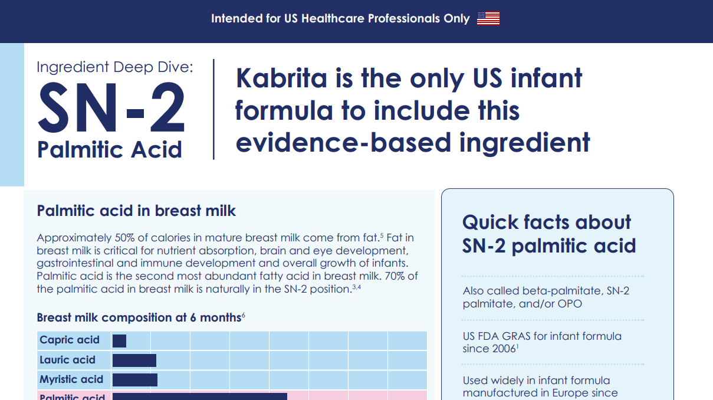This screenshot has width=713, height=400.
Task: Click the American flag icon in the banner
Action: [x=488, y=18]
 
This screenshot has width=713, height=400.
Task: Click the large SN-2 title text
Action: [x=111, y=107]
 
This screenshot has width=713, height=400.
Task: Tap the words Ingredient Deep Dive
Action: [x=115, y=67]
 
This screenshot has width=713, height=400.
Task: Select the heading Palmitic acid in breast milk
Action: [x=136, y=211]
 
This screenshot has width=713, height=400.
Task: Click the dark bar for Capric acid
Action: [x=119, y=341]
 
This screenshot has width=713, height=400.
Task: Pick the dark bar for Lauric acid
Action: [x=134, y=360]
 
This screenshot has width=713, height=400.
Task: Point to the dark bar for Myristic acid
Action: [x=135, y=379]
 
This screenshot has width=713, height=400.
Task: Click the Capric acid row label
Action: [x=70, y=340]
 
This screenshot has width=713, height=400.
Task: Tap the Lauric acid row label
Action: [x=67, y=359]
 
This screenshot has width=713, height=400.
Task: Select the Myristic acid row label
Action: [x=71, y=379]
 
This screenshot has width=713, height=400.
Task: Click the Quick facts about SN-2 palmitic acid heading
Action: [x=548, y=234]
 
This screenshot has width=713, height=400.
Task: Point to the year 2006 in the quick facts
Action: [x=504, y=349]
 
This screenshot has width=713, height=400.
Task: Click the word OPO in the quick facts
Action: [x=570, y=303]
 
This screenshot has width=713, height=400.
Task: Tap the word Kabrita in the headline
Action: [x=281, y=78]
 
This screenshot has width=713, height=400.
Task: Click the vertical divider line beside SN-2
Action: [x=213, y=109]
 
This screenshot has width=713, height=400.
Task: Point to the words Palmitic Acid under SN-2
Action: [x=110, y=150]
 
